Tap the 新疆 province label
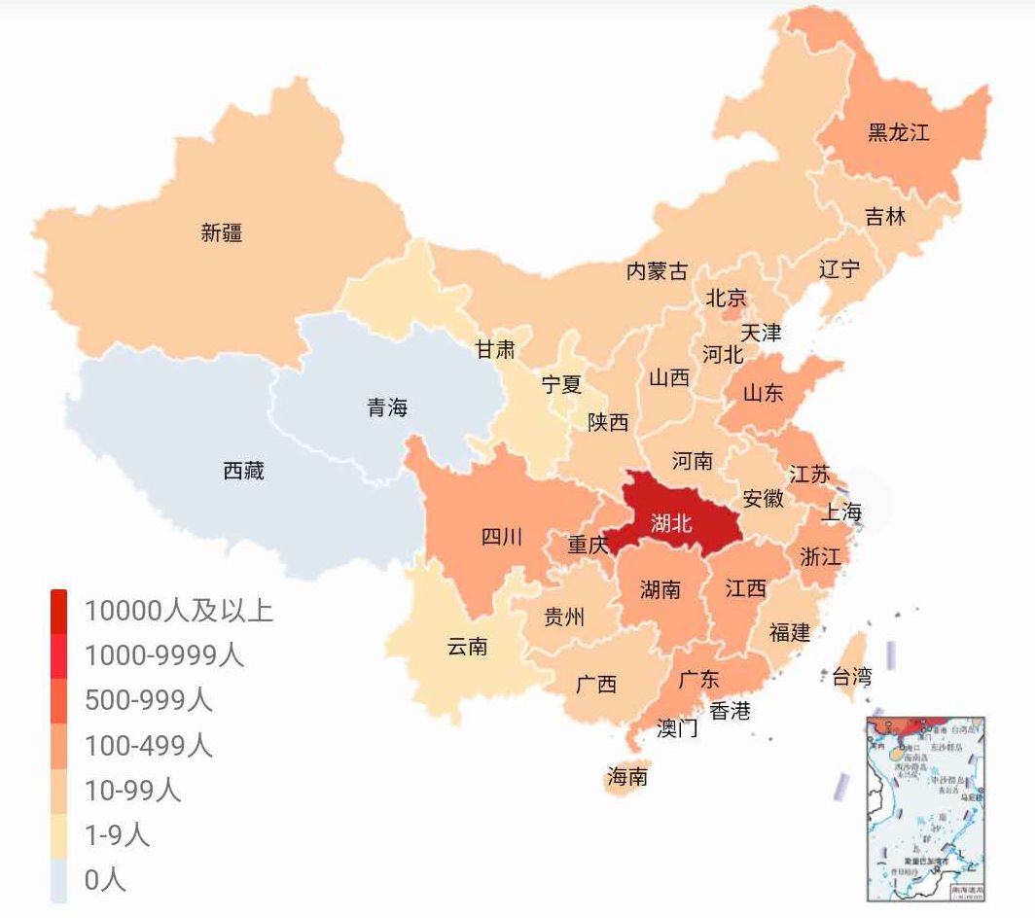222,232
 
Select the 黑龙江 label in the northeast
898,132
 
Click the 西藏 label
243,472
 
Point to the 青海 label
387,407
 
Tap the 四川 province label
502,537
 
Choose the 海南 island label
627,776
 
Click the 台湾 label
852,676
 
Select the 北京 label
726,298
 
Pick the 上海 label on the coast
841,512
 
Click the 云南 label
467,647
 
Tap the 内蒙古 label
657,271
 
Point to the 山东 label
763,394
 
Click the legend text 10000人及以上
178,611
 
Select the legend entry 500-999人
148,700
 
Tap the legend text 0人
105,880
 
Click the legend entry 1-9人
117,834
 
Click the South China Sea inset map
925,808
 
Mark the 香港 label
730,711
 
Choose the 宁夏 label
561,384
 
